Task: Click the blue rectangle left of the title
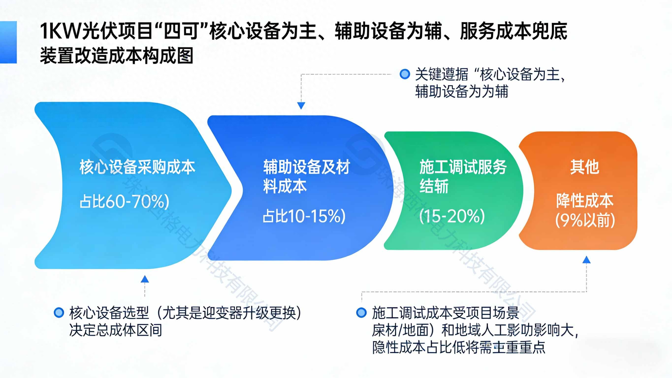click(x=8, y=42)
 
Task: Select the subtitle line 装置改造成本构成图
click(x=117, y=56)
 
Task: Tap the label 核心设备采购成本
click(x=137, y=167)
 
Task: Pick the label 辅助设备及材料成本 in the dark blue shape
click(x=306, y=177)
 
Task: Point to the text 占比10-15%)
click(x=304, y=216)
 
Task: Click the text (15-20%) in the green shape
click(x=452, y=216)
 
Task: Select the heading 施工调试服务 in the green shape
click(x=463, y=167)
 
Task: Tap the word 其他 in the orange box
click(x=584, y=167)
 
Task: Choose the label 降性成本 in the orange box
click(x=584, y=201)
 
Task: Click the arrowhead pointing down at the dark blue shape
click(x=301, y=106)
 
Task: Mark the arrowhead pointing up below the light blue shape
click(x=145, y=279)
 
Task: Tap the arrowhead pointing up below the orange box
click(x=586, y=260)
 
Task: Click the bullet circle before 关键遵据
click(x=405, y=74)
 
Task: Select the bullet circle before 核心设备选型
click(x=59, y=312)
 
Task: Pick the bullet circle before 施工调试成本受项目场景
click(x=361, y=312)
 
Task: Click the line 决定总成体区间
click(x=115, y=330)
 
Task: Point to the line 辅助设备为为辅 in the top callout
click(x=462, y=91)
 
